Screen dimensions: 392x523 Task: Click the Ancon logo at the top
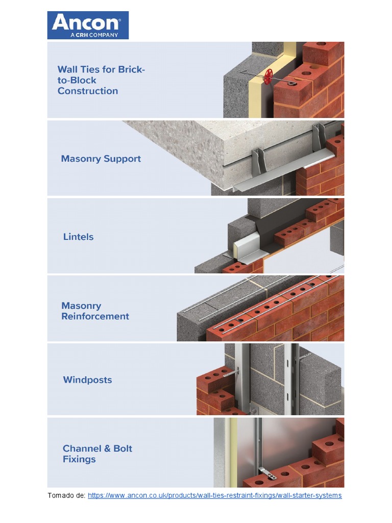click(88, 26)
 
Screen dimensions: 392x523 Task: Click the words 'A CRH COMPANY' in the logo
click(94, 35)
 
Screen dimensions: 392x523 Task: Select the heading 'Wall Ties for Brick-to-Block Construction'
click(101, 80)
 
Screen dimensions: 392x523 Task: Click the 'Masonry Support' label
click(101, 159)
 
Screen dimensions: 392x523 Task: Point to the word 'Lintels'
click(78, 237)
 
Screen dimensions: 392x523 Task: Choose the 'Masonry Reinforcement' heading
click(95, 311)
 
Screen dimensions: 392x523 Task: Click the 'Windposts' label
click(87, 380)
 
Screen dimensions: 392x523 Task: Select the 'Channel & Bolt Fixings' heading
click(97, 454)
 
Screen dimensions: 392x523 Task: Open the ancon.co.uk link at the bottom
click(215, 495)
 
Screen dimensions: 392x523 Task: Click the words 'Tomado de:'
click(66, 495)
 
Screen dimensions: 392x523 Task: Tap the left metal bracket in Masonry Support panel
click(258, 162)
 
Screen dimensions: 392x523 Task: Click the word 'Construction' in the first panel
click(88, 91)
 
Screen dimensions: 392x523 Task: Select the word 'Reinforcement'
click(95, 316)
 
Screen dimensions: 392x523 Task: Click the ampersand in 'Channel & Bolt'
click(107, 448)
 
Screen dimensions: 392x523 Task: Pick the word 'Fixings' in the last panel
click(79, 459)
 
